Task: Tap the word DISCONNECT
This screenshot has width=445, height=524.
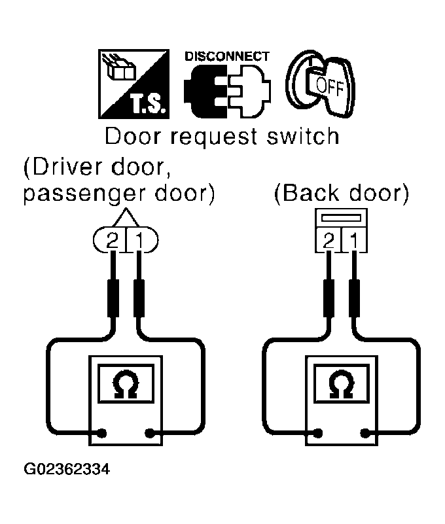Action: point(226,56)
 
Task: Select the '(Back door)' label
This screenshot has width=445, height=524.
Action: point(342,195)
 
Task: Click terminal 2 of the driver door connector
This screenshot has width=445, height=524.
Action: point(113,241)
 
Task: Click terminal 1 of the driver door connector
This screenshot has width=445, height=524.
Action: point(139,241)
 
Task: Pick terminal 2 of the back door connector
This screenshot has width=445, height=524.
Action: point(328,241)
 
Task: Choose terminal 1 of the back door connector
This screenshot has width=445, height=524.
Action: point(354,241)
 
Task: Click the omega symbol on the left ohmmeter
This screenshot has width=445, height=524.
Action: point(126,384)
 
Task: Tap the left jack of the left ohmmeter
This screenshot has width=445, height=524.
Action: point(103,432)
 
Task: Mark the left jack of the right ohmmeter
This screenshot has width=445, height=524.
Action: point(318,432)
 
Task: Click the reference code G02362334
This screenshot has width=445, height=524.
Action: point(66,470)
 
